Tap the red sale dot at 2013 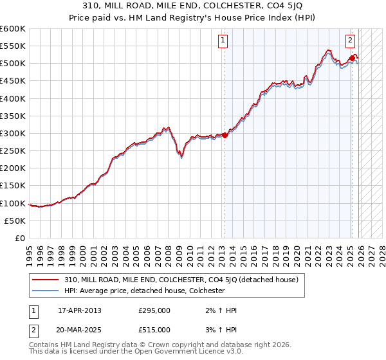tap(225, 135)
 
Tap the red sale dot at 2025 tap(353, 59)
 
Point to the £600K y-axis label tap(13, 29)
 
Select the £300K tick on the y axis tap(13, 134)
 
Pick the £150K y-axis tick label tap(13, 186)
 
